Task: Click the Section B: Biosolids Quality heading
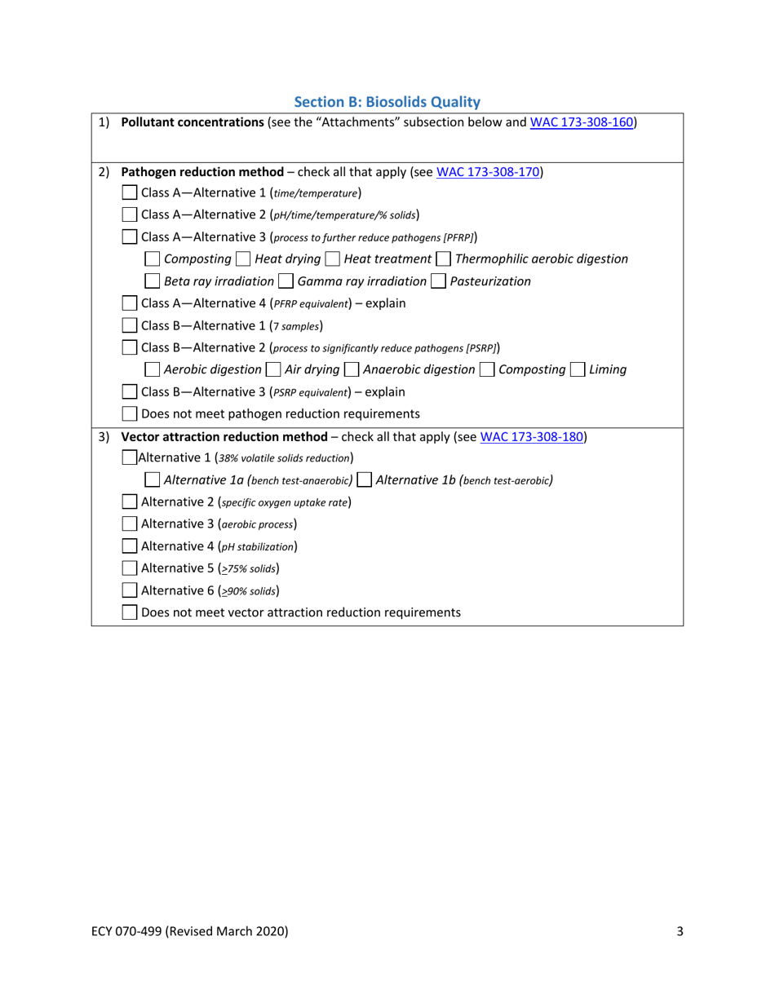click(x=387, y=102)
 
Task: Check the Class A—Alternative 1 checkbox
click(x=129, y=193)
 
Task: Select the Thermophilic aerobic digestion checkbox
click(x=443, y=259)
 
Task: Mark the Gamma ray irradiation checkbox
click(x=286, y=281)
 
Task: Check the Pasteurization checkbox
click(x=438, y=281)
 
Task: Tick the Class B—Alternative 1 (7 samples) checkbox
click(x=129, y=326)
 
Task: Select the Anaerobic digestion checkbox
click(x=351, y=369)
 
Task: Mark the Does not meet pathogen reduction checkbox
click(x=129, y=413)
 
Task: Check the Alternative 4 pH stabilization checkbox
click(x=129, y=546)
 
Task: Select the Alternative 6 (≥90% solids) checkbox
click(x=129, y=590)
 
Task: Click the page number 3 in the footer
click(x=680, y=931)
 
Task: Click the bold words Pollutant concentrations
click(x=193, y=122)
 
